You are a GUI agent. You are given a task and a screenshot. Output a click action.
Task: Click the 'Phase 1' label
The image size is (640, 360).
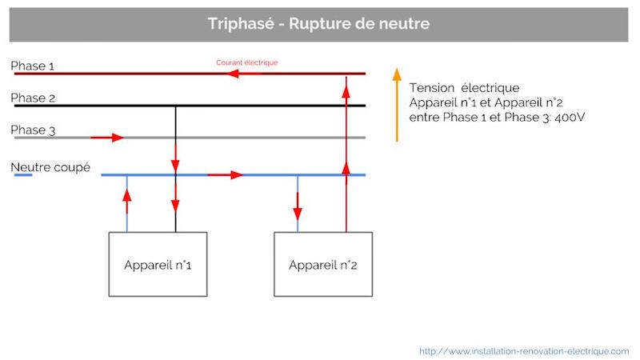click(x=32, y=66)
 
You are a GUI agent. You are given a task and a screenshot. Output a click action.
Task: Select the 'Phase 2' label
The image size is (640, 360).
click(x=33, y=98)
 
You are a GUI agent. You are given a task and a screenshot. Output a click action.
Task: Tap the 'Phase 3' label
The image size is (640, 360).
click(x=33, y=130)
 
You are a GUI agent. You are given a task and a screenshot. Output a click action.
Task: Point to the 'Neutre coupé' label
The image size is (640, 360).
click(x=50, y=167)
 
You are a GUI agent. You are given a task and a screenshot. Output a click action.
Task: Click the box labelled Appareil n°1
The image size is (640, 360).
click(x=158, y=264)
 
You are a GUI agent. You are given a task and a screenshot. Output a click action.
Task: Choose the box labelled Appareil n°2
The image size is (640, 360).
click(x=323, y=264)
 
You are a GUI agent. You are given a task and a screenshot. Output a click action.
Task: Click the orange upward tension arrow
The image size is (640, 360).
click(x=397, y=105)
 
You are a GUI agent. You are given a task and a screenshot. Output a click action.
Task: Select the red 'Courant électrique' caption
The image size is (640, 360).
click(x=247, y=62)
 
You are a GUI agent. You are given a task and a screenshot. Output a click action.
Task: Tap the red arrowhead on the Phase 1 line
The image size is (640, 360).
click(x=233, y=74)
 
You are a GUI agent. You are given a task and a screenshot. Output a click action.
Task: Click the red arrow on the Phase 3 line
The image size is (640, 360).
click(x=107, y=138)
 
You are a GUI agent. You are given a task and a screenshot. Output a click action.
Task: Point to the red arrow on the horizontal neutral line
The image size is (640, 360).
click(x=226, y=175)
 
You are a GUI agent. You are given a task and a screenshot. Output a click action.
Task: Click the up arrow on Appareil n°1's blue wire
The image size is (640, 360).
click(x=127, y=202)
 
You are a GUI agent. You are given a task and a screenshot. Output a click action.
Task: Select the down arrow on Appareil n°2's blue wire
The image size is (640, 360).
click(x=298, y=206)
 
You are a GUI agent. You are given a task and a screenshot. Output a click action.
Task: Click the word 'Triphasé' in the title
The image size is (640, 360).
click(x=241, y=24)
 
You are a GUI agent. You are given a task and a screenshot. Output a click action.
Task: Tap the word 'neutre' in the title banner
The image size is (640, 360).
click(x=404, y=24)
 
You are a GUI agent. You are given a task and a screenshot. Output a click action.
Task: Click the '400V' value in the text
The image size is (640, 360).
click(x=570, y=118)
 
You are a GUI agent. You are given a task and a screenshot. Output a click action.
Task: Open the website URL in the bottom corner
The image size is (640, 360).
click(x=524, y=351)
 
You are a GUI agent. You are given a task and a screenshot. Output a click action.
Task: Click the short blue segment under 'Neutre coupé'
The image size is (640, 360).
click(x=23, y=175)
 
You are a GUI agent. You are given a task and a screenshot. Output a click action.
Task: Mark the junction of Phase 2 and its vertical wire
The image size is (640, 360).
click(x=175, y=106)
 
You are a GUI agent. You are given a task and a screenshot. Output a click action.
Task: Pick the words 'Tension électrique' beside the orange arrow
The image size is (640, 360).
click(x=465, y=88)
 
